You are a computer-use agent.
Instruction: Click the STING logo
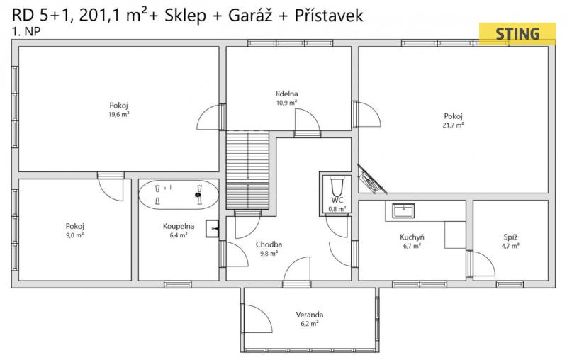click(517, 34)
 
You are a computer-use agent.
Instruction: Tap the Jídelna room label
click(286, 94)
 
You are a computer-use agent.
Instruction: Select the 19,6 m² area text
click(119, 115)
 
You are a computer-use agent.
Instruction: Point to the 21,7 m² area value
click(453, 125)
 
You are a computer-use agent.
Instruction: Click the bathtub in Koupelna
click(179, 194)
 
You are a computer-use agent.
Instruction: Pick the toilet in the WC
click(337, 186)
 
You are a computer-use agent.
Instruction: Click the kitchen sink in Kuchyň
click(403, 210)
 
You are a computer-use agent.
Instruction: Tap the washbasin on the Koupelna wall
click(212, 228)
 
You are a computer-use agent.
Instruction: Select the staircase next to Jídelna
click(247, 169)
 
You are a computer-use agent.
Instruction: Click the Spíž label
click(510, 237)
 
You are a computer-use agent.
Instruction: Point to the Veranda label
click(310, 315)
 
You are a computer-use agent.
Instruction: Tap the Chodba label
click(269, 244)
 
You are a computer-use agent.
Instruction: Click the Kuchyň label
click(412, 237)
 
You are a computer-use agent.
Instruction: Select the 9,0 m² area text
click(75, 235)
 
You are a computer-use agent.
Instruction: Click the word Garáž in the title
click(250, 15)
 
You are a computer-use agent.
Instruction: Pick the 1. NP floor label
click(26, 32)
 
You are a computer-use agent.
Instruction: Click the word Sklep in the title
click(185, 16)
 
